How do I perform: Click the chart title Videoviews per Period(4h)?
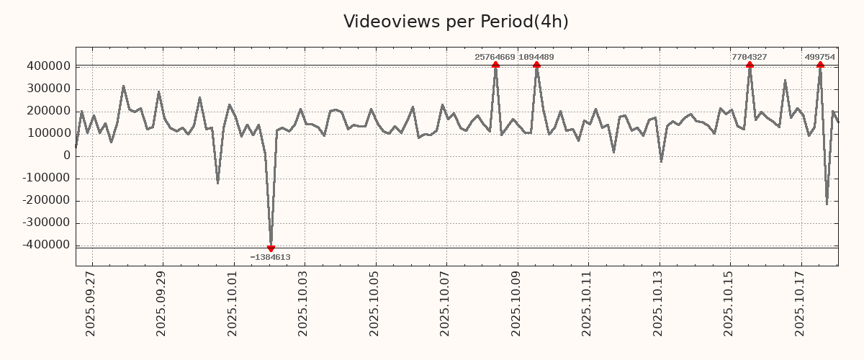[456, 22]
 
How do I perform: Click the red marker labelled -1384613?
[271, 248]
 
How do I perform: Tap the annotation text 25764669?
[495, 57]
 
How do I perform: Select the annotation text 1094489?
[536, 57]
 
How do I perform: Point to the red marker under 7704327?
[750, 66]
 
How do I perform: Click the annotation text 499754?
[820, 57]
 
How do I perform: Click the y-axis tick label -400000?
[45, 245]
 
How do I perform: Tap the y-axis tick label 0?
[67, 156]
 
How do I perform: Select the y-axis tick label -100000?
[45, 178]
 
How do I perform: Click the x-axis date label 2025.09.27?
[91, 303]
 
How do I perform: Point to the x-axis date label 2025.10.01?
[233, 303]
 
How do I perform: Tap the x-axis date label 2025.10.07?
[446, 303]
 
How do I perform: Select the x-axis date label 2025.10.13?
[658, 303]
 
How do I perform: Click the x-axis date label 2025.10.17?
[800, 303]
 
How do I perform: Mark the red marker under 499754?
[820, 66]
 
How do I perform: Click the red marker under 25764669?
[495, 66]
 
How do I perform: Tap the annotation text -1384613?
[271, 257]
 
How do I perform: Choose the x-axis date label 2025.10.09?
[516, 303]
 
